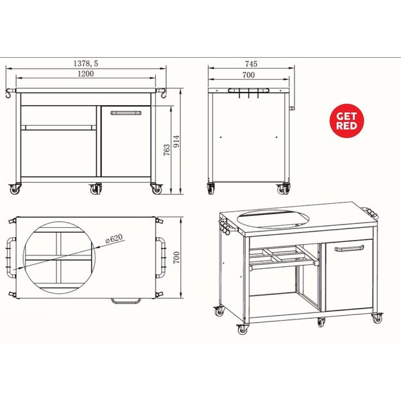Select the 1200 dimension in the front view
click(87, 74)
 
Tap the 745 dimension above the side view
click(251, 64)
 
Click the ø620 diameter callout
click(114, 239)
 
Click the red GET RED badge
click(347, 120)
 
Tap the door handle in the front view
click(126, 112)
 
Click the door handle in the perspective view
click(349, 248)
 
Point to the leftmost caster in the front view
click(14, 189)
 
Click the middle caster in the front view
click(96, 189)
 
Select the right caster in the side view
click(283, 189)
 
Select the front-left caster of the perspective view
click(241, 328)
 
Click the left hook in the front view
click(10, 94)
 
